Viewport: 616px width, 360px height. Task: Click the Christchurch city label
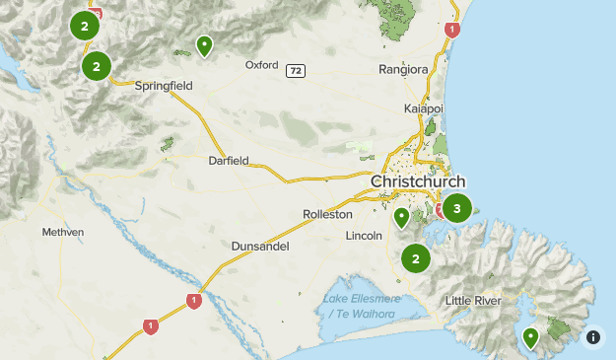click(418, 182)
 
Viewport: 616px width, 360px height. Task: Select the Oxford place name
click(262, 66)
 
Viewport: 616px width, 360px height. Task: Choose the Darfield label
click(229, 160)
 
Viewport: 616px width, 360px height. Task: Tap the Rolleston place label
click(327, 214)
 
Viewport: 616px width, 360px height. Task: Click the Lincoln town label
click(364, 237)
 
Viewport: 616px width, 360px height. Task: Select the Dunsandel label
click(260, 246)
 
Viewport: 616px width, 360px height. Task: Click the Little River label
click(473, 300)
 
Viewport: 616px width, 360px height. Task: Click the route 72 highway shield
click(296, 71)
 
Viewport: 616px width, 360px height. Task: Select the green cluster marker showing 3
click(456, 208)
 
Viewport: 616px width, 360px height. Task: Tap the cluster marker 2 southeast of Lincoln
click(416, 259)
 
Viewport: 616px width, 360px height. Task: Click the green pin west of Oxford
click(204, 44)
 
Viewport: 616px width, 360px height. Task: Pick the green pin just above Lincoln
click(401, 217)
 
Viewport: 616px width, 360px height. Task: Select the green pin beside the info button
click(531, 338)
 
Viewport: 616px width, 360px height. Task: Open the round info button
click(592, 336)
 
